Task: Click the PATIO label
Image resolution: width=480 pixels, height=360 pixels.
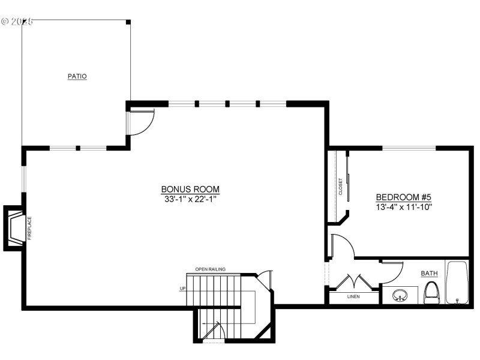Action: [x=77, y=76]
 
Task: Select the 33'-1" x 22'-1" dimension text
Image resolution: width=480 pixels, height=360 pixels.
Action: [x=190, y=199]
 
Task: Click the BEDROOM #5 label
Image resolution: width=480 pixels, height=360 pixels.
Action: [x=404, y=197]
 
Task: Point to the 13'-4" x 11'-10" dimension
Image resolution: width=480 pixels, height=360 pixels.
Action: [x=404, y=206]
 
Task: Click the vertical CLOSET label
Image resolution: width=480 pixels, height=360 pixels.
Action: [x=341, y=186]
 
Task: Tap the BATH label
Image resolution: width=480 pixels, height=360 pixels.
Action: [x=429, y=273]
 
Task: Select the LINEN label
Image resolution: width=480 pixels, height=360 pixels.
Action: [x=354, y=296]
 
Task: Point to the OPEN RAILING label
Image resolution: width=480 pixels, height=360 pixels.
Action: [x=210, y=269]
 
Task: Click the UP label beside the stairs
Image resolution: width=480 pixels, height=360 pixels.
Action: [x=182, y=289]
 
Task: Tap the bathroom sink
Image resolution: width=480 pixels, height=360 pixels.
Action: [x=400, y=295]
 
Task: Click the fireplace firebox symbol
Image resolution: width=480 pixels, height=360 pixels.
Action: [x=16, y=227]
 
